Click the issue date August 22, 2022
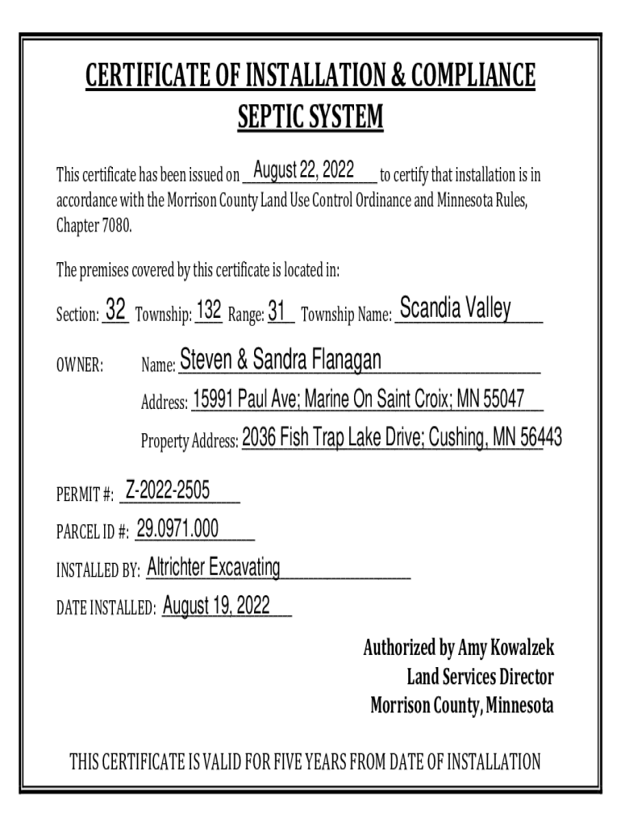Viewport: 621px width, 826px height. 304,170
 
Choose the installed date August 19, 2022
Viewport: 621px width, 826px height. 216,606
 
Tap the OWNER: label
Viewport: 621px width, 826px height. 79,366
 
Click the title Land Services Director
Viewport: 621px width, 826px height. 480,677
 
